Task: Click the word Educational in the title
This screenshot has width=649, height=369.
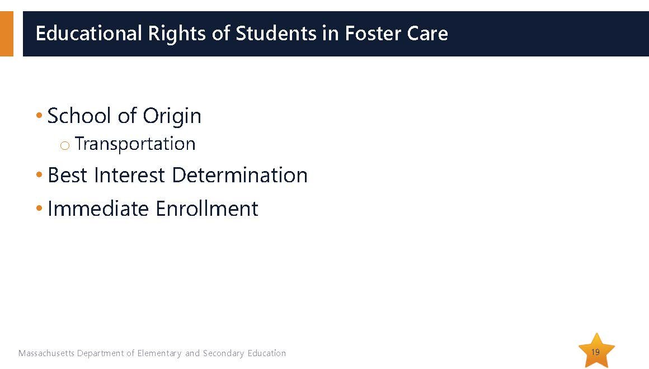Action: pyautogui.click(x=89, y=33)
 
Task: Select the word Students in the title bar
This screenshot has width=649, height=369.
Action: pyautogui.click(x=276, y=33)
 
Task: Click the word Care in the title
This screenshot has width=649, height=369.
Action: pyautogui.click(x=427, y=34)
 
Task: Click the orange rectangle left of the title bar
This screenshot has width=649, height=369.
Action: pyautogui.click(x=7, y=34)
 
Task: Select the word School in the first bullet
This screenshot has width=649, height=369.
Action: pyautogui.click(x=79, y=115)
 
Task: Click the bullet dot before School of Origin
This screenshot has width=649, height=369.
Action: pyautogui.click(x=39, y=115)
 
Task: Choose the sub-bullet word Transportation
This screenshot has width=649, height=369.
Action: pyautogui.click(x=135, y=144)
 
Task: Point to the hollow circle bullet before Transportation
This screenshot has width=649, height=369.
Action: pyautogui.click(x=64, y=145)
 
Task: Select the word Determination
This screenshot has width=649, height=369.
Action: pyautogui.click(x=239, y=175)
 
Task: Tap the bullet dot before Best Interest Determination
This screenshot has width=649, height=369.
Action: pyautogui.click(x=39, y=175)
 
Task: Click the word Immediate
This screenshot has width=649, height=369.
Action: pyautogui.click(x=98, y=208)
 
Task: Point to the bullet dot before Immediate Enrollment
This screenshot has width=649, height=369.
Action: pyautogui.click(x=39, y=208)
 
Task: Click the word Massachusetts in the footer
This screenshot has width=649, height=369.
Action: pyautogui.click(x=46, y=353)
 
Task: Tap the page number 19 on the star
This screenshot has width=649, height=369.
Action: pyautogui.click(x=595, y=352)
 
